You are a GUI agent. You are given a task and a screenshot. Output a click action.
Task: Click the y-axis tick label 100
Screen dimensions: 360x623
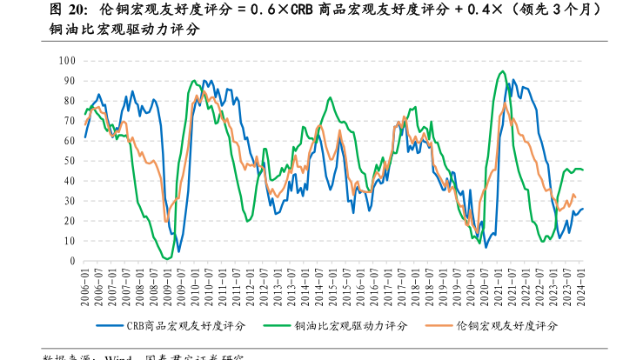click(67, 60)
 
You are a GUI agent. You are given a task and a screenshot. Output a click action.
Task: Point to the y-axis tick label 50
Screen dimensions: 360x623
click(70, 161)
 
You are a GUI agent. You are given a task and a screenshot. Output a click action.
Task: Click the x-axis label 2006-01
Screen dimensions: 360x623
click(85, 283)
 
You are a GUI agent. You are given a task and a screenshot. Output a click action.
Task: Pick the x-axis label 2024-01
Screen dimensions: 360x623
click(583, 283)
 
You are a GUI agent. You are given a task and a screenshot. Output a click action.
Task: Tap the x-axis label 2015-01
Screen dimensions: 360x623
click(334, 283)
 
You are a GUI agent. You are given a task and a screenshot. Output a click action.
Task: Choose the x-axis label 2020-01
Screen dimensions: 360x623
click(472, 283)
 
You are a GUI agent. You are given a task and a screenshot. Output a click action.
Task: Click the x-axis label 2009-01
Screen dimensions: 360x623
click(168, 283)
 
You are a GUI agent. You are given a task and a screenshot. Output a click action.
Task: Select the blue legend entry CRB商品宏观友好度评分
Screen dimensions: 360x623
click(186, 325)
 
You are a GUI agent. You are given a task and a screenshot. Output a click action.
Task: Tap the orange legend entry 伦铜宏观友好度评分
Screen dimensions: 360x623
click(506, 325)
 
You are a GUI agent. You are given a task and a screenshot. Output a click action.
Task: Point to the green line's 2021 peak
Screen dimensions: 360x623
click(502, 71)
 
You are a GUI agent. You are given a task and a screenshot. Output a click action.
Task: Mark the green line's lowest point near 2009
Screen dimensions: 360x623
click(167, 258)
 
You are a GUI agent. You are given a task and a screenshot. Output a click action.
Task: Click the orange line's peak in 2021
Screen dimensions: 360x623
click(505, 103)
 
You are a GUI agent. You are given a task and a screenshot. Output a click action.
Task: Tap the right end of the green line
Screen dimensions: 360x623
click(583, 170)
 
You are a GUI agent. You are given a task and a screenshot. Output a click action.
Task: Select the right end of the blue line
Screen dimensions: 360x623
click(583, 208)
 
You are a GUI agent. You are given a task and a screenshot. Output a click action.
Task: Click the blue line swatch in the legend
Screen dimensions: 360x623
click(110, 325)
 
